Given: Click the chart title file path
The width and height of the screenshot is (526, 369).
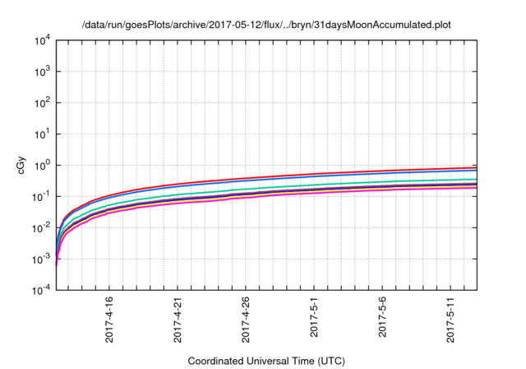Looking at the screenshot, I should [x=266, y=24].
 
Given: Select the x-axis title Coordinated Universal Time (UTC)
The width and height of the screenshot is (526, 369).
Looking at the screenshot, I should [x=266, y=361].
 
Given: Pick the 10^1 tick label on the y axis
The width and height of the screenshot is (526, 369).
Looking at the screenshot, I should [x=43, y=133].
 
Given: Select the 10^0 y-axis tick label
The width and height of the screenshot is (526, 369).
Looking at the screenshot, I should [x=43, y=165].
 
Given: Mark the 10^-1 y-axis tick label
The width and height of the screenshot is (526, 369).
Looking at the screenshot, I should [x=43, y=196].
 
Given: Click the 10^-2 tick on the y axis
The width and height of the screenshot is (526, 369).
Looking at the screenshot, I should [x=43, y=227].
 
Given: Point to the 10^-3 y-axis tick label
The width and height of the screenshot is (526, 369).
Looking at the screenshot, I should [x=43, y=259].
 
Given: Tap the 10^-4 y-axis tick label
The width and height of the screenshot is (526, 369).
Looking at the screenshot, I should [x=43, y=290].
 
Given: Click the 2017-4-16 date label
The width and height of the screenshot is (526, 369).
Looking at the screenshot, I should [x=109, y=320].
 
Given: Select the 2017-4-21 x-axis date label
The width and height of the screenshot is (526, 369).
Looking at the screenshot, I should [x=178, y=320].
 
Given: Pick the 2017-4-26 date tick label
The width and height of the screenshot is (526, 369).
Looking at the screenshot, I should [x=246, y=320].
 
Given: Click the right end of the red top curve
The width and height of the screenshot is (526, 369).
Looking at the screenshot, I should [x=476, y=167].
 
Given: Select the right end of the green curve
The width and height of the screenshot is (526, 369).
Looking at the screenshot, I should [x=476, y=180].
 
